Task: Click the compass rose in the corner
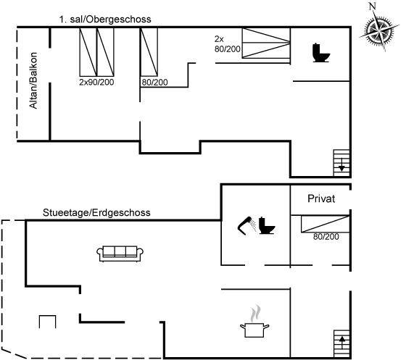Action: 379,30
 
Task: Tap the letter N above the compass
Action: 373,6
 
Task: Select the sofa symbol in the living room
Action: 120,254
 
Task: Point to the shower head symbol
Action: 246,225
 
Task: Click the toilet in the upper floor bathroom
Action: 320,53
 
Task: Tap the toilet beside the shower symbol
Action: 267,225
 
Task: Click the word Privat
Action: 321,198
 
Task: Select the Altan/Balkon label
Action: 33,80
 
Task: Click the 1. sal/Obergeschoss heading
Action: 105,20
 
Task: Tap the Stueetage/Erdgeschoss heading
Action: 96,212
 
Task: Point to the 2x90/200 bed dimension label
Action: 96,82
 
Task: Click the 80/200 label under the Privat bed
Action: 326,236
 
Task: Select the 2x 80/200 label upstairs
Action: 228,44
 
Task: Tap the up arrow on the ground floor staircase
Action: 342,343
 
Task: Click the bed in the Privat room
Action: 326,224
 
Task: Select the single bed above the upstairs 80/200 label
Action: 149,52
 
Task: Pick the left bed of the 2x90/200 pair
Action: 88,52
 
